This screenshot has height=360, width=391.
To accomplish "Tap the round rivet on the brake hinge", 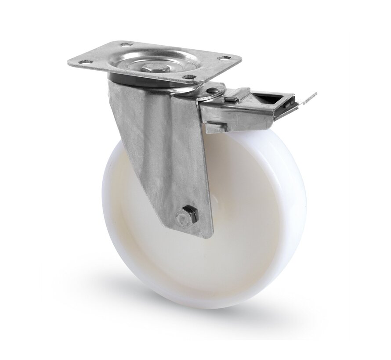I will (x=213, y=91).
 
